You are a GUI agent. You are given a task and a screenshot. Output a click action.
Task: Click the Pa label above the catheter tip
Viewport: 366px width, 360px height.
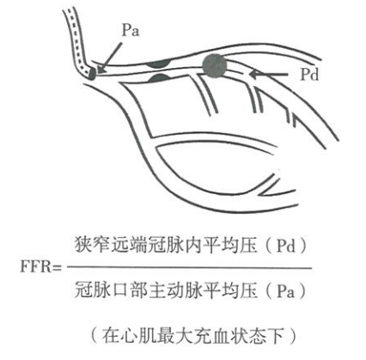pyautogui.click(x=131, y=30)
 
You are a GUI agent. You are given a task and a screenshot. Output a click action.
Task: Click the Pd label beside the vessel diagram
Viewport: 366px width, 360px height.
pyautogui.click(x=309, y=75)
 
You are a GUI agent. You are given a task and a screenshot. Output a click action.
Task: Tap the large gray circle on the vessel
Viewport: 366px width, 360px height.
pyautogui.click(x=215, y=66)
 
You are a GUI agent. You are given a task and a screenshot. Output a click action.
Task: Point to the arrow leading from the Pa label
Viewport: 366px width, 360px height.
pyautogui.click(x=110, y=58)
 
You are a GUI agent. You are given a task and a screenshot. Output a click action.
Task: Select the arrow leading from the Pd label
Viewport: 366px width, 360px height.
pyautogui.click(x=268, y=75)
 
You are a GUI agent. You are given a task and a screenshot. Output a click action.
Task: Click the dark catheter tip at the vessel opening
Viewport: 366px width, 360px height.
pyautogui.click(x=92, y=74)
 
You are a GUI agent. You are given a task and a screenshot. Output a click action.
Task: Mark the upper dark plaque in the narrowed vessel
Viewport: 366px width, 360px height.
pyautogui.click(x=159, y=64)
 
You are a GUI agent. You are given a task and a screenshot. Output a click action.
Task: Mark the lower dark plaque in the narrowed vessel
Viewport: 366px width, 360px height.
pyautogui.click(x=160, y=77)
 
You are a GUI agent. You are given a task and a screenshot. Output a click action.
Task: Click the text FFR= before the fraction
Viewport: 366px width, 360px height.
pyautogui.click(x=41, y=266)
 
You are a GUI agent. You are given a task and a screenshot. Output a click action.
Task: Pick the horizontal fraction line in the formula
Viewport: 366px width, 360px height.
pyautogui.click(x=189, y=268)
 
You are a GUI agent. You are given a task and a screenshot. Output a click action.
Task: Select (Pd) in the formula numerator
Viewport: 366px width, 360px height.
pyautogui.click(x=285, y=246)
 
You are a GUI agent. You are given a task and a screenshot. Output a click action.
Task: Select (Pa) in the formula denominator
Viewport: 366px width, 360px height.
pyautogui.click(x=285, y=291)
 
